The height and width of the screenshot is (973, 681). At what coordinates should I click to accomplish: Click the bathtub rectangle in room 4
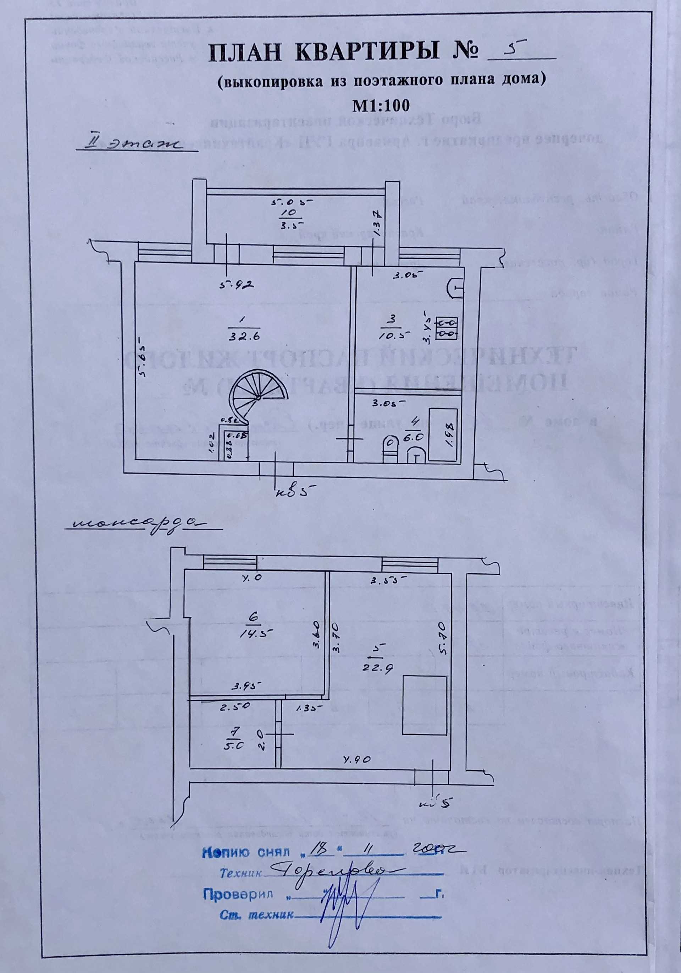[x=443, y=434]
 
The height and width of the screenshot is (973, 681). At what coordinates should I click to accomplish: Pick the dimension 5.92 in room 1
[x=236, y=285]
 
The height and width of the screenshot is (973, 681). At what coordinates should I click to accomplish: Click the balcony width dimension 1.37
[x=378, y=224]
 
